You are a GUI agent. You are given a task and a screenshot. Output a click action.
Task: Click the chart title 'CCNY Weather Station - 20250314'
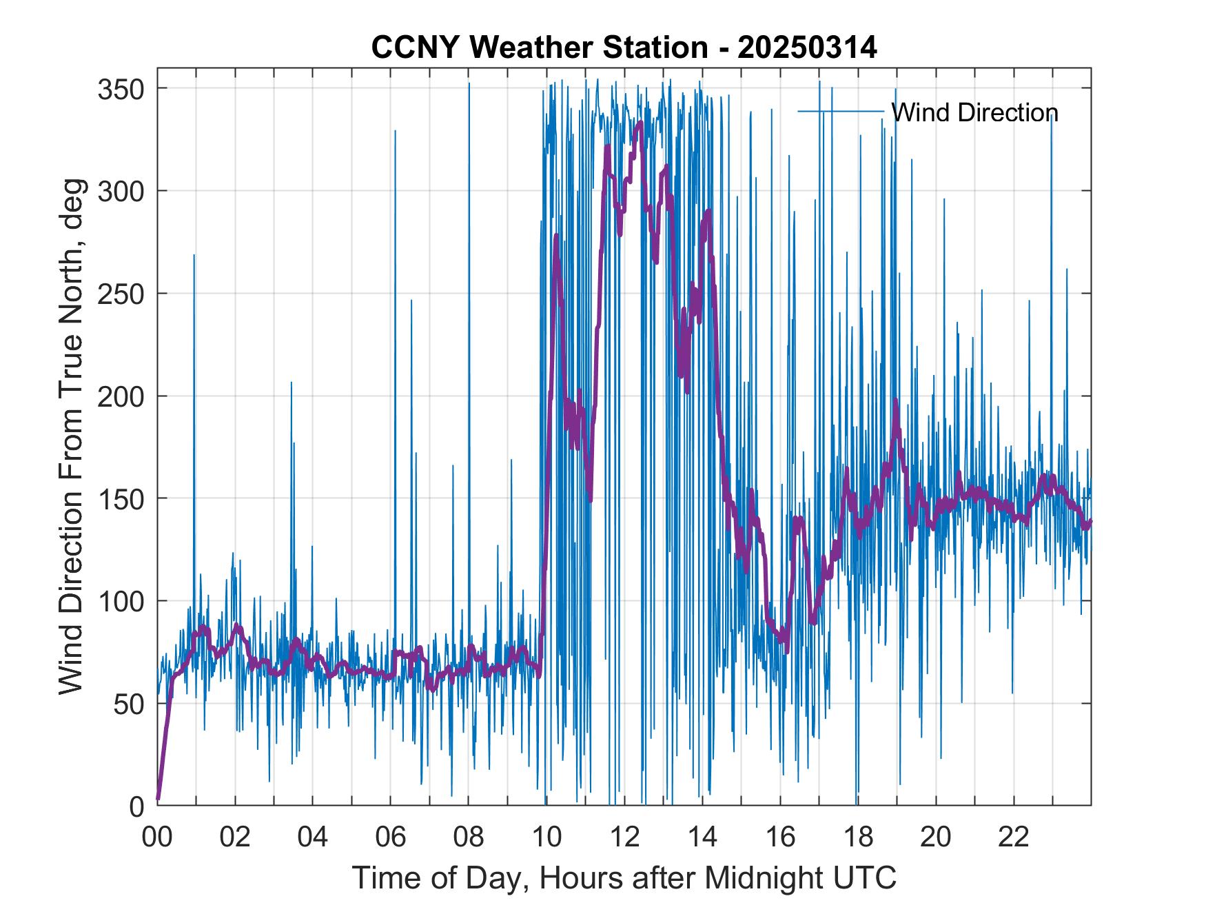[624, 48]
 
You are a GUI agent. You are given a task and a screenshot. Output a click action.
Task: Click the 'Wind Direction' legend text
[974, 112]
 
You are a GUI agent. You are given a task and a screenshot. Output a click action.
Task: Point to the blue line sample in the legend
[841, 111]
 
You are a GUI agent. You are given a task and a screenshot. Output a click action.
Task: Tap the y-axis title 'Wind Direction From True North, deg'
[71, 436]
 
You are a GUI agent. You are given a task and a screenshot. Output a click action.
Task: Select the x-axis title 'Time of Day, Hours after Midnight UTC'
[624, 877]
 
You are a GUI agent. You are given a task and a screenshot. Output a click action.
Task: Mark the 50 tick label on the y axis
[130, 704]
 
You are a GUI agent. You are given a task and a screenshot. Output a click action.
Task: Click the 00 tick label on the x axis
[157, 838]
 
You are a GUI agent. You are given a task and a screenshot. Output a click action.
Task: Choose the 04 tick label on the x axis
[312, 838]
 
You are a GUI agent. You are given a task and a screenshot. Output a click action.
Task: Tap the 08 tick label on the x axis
[469, 838]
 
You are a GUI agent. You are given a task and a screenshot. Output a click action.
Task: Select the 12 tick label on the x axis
[624, 838]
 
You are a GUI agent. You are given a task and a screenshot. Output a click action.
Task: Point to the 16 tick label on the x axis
[780, 838]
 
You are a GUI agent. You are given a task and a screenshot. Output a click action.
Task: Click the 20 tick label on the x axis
[936, 838]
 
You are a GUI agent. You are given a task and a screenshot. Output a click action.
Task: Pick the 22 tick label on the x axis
[1014, 838]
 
